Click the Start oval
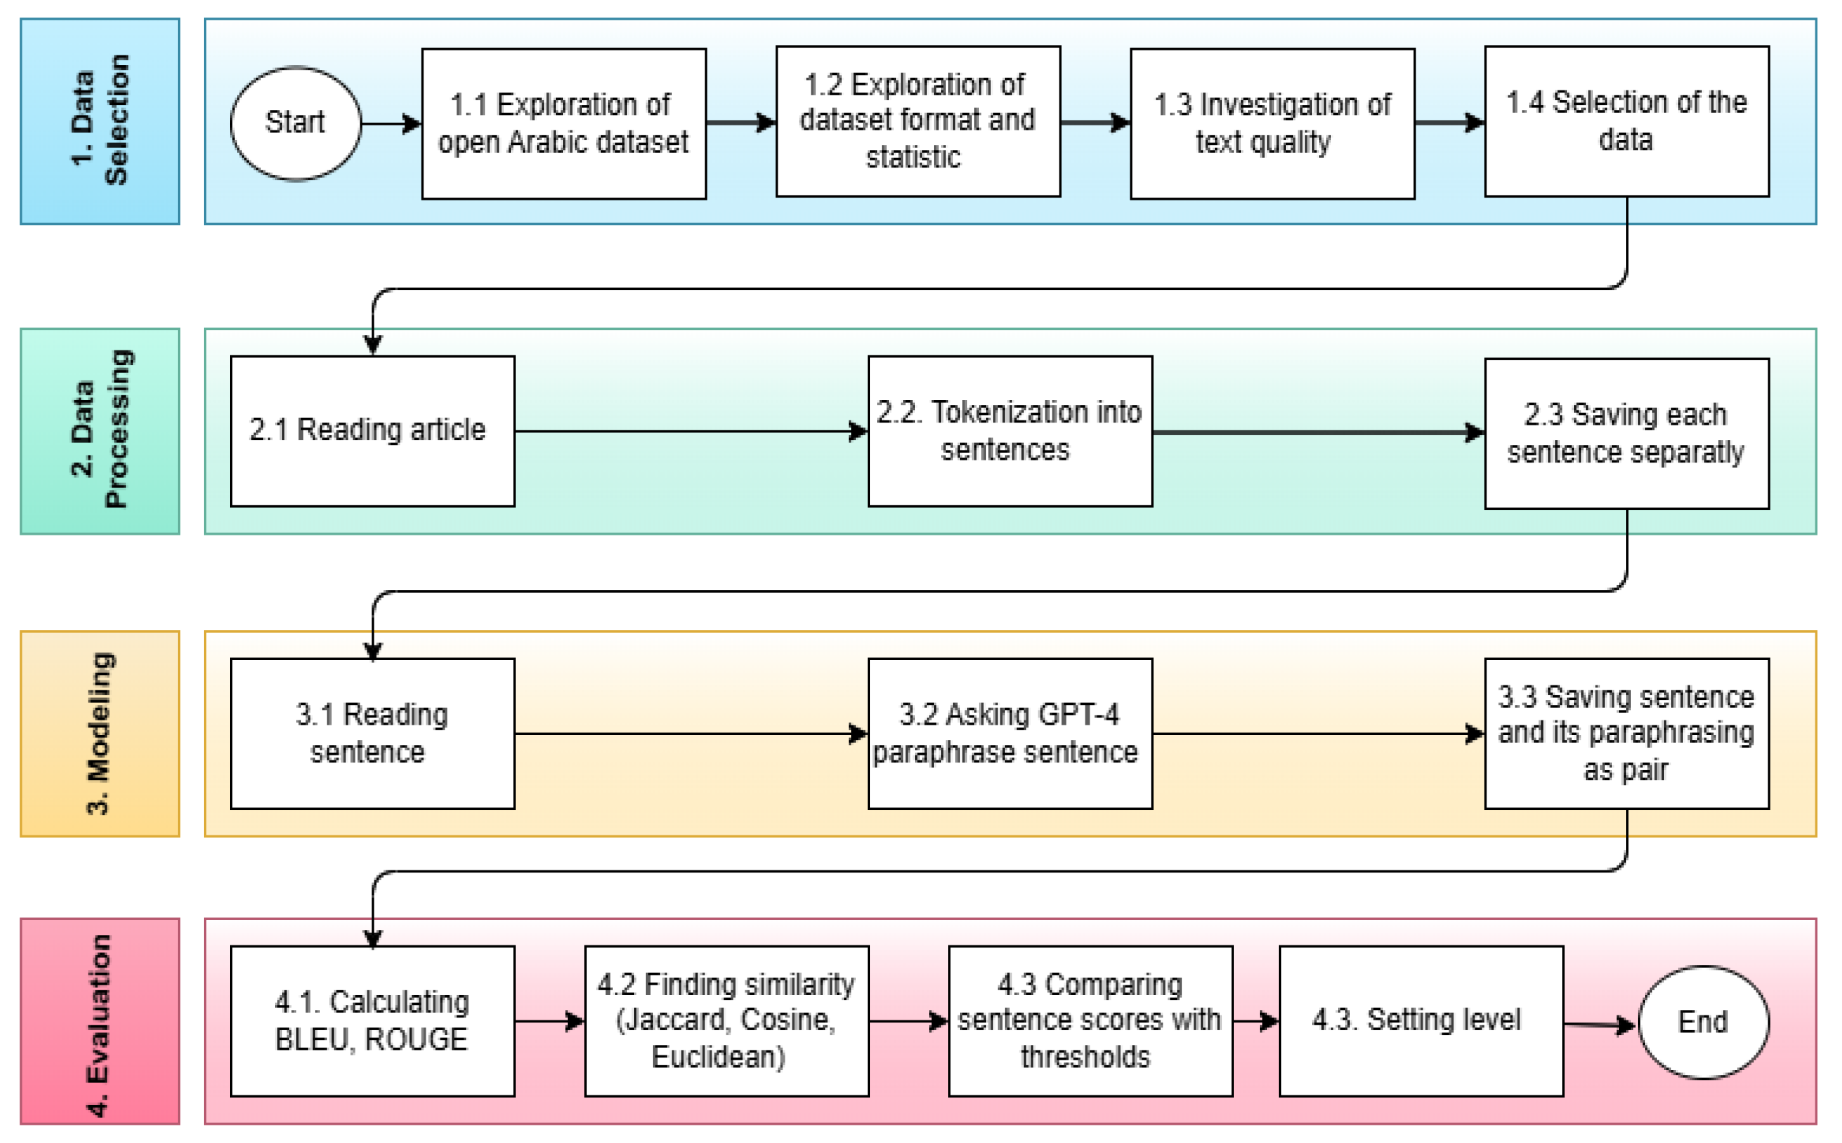(x=296, y=123)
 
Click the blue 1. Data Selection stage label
(x=100, y=122)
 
